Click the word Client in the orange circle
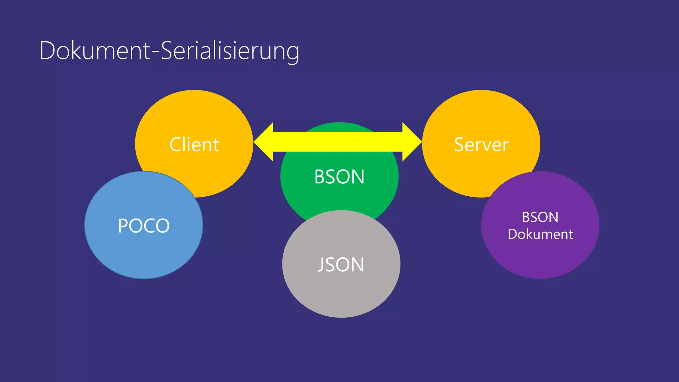tap(194, 145)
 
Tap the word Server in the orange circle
tap(481, 145)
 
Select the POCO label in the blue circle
tap(144, 226)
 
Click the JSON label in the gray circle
tap(341, 265)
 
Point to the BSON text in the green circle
tap(339, 177)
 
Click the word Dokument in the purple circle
tap(540, 234)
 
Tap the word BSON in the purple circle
tap(540, 218)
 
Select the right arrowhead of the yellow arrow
tap(411, 142)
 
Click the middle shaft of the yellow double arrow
tap(338, 142)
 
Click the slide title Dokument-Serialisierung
tap(169, 51)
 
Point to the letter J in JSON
tap(321, 265)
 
